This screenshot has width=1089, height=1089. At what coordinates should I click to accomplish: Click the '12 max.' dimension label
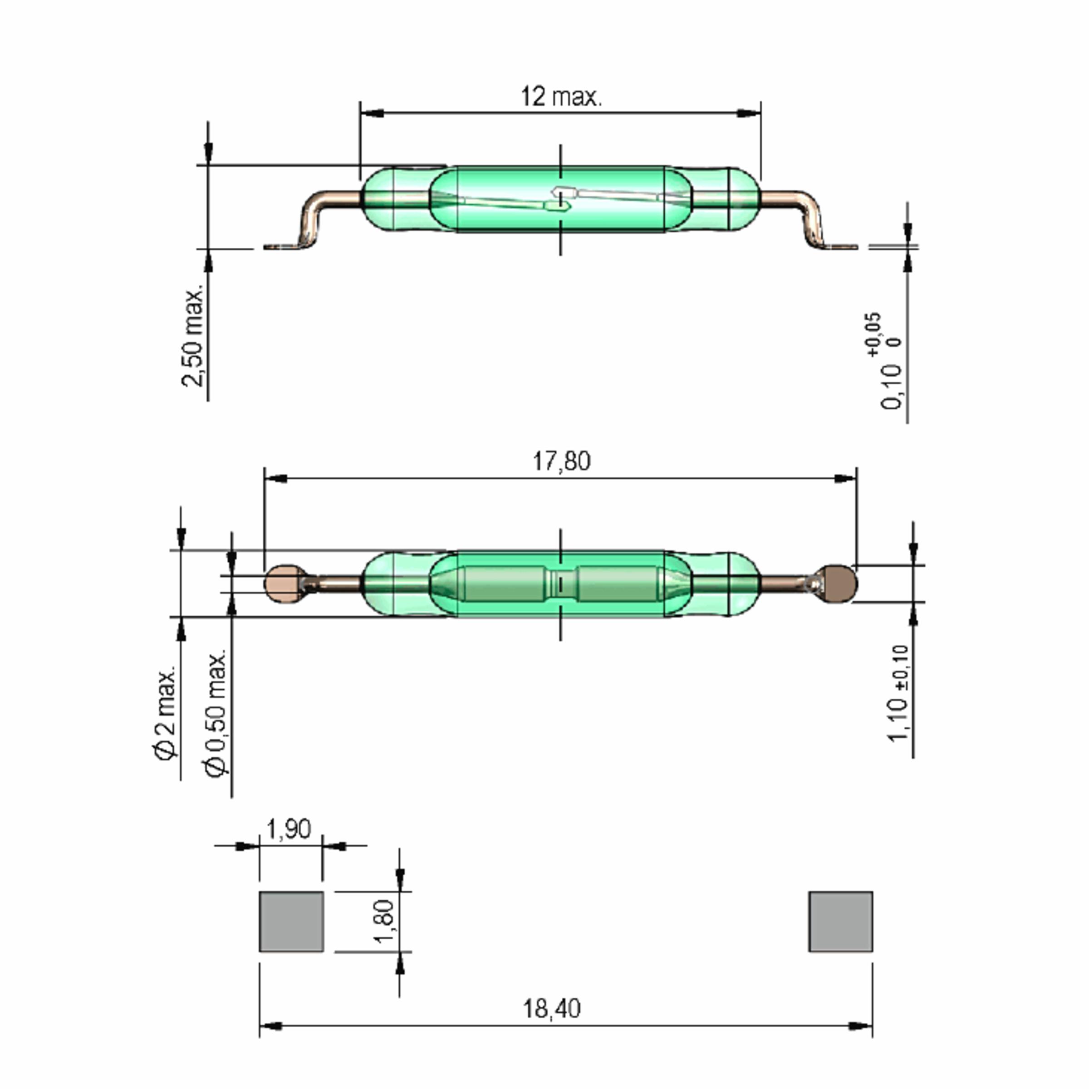tap(561, 97)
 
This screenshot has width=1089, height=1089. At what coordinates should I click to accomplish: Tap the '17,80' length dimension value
tap(561, 461)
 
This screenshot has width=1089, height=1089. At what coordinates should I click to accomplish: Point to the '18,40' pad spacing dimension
tap(551, 1008)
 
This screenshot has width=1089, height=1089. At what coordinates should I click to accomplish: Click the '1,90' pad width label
tap(288, 829)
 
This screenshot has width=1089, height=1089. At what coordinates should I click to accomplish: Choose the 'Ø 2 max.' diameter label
tap(166, 714)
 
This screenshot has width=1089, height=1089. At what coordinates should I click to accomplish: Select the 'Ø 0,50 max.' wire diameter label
tap(216, 715)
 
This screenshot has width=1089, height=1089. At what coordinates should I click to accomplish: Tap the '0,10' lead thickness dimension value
tap(891, 386)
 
